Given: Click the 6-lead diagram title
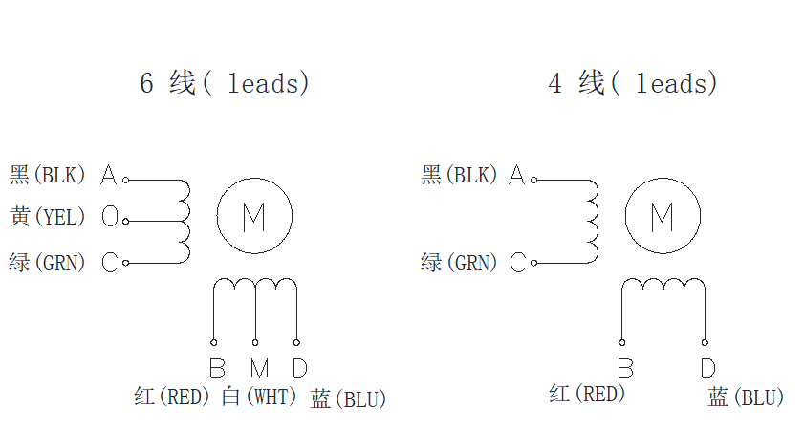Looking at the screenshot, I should [x=225, y=84].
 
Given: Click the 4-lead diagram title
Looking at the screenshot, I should [x=633, y=84].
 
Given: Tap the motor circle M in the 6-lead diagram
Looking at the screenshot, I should [x=253, y=218].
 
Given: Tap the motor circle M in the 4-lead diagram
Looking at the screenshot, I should [x=662, y=218].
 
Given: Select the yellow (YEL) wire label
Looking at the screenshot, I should [x=48, y=218].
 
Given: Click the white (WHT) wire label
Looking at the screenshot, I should [x=260, y=397].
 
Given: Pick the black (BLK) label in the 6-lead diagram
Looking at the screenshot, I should [x=48, y=176].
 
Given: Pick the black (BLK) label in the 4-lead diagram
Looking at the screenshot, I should [x=460, y=176].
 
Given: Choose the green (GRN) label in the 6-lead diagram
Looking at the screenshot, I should [x=48, y=262].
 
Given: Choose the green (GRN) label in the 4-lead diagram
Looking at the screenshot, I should [x=460, y=262].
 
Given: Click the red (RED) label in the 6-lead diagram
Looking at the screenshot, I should [x=172, y=397].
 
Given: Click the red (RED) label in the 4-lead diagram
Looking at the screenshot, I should [x=587, y=394].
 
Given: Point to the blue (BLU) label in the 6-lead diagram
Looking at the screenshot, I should [x=349, y=399].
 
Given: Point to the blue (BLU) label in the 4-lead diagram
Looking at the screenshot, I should [x=747, y=397].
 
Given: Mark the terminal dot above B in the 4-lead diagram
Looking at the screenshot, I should [x=623, y=341].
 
